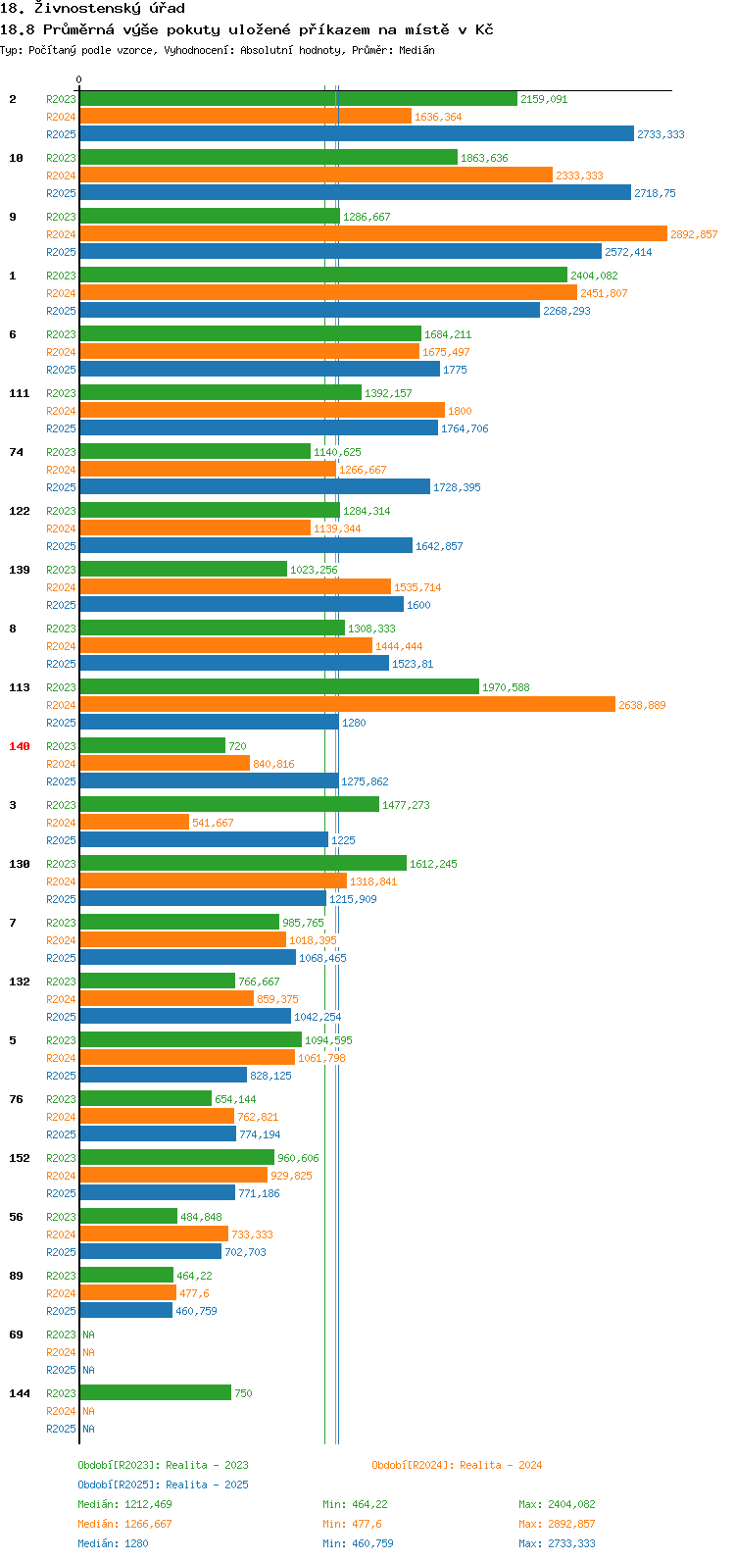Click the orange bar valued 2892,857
click(x=373, y=234)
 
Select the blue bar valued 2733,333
click(x=357, y=133)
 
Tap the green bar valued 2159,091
click(x=298, y=99)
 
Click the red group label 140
click(x=20, y=746)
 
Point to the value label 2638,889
click(x=642, y=705)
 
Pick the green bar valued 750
click(x=156, y=1393)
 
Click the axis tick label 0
click(x=78, y=79)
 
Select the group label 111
click(x=20, y=393)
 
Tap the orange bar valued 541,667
click(x=134, y=823)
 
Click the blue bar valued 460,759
click(x=126, y=1311)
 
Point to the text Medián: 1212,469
click(x=124, y=1504)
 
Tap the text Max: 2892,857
click(x=557, y=1524)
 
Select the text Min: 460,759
click(x=358, y=1543)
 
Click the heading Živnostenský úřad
click(x=110, y=9)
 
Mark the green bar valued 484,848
click(x=128, y=1216)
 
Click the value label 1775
click(x=455, y=370)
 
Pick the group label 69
click(x=16, y=1334)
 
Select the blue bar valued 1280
click(x=209, y=723)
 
